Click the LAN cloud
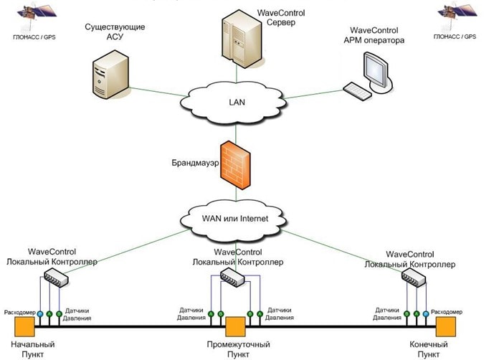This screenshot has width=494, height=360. (x=237, y=101)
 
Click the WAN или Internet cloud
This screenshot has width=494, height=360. (x=236, y=216)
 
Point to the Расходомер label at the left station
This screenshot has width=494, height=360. (x=16, y=313)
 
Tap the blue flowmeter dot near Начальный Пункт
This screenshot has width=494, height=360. (x=40, y=313)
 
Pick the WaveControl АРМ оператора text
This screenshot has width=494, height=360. (x=376, y=36)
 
